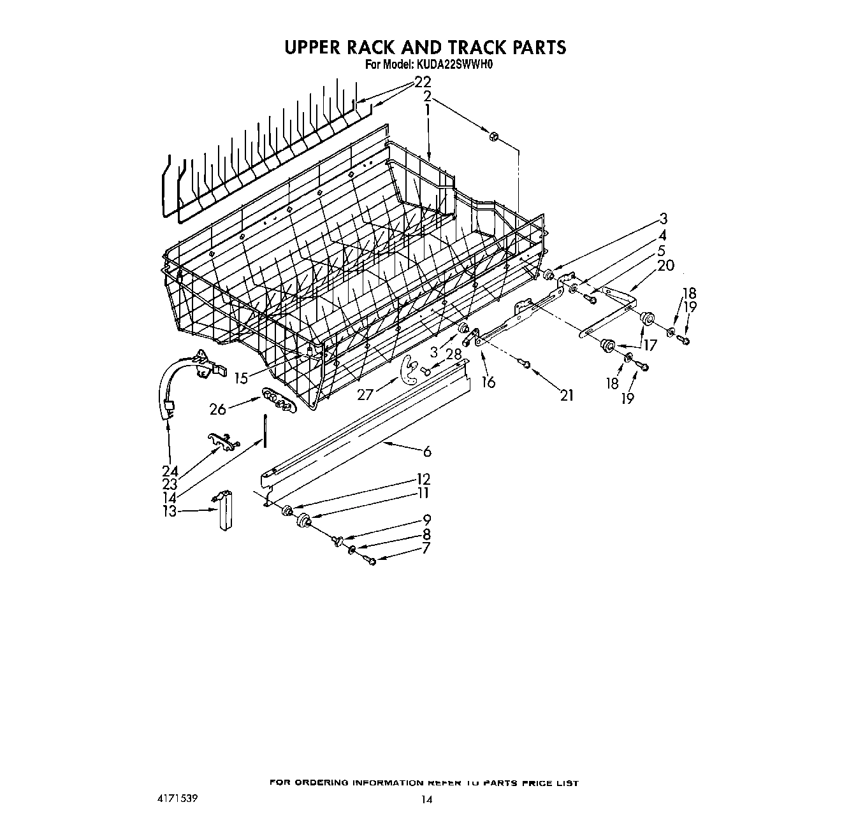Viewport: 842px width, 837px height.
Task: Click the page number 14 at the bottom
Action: point(426,800)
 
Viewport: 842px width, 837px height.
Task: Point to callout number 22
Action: point(423,82)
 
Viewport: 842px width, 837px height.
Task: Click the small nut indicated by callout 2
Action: point(493,136)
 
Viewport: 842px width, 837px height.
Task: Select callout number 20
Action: point(665,265)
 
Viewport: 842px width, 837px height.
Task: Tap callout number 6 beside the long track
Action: point(426,452)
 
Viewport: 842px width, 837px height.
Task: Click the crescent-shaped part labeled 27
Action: point(408,373)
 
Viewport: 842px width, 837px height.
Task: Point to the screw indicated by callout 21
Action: point(525,364)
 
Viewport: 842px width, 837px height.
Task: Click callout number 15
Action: point(240,378)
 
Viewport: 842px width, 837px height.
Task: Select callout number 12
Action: point(423,479)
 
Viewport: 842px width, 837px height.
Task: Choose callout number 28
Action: point(453,354)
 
